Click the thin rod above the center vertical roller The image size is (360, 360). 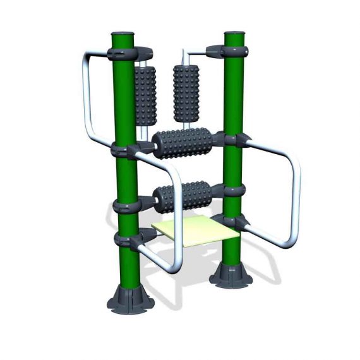pyautogui.click(x=185, y=56)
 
